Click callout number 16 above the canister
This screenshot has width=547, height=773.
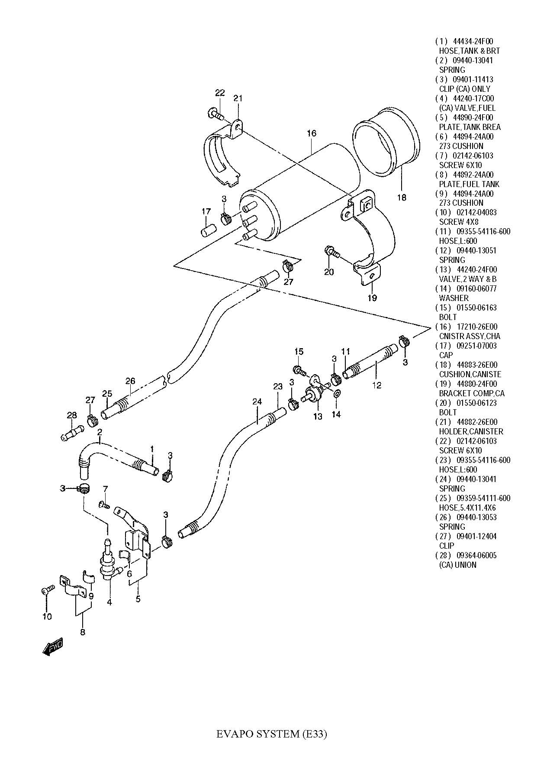pyautogui.click(x=312, y=133)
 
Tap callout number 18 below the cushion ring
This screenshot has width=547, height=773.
pyautogui.click(x=402, y=197)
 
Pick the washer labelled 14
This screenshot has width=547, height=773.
pyautogui.click(x=336, y=394)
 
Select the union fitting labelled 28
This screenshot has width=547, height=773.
pyautogui.click(x=71, y=434)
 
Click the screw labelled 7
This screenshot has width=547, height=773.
pyautogui.click(x=105, y=505)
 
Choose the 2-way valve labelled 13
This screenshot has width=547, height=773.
pyautogui.click(x=315, y=395)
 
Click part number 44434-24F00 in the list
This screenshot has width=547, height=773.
pyautogui.click(x=473, y=42)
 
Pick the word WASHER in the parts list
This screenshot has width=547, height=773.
pyautogui.click(x=454, y=298)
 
